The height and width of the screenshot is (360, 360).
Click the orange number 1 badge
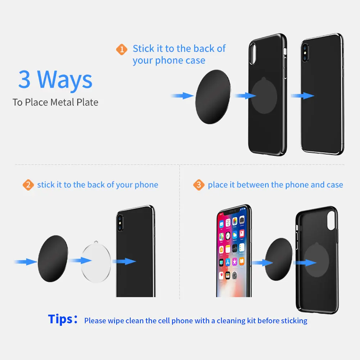tap(122, 49)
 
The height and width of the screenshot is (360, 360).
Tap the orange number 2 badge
tap(28, 185)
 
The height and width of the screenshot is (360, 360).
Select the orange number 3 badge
tap(198, 185)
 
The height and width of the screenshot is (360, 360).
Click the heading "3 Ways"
tap(55, 80)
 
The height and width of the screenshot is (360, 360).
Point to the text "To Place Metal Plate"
tap(55, 102)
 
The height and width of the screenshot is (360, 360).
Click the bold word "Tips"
tap(60, 319)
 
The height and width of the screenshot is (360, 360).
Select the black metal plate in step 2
tap(53, 258)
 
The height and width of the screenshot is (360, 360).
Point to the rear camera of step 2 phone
tap(120, 220)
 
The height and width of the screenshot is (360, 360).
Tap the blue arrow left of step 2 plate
tap(25, 261)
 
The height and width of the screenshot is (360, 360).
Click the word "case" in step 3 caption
tap(334, 185)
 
